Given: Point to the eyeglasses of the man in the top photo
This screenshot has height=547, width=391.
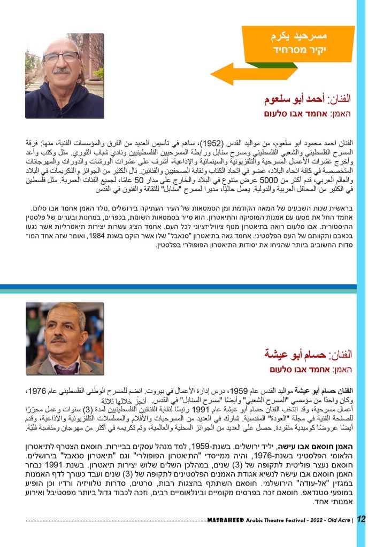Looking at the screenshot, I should click(61, 58).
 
